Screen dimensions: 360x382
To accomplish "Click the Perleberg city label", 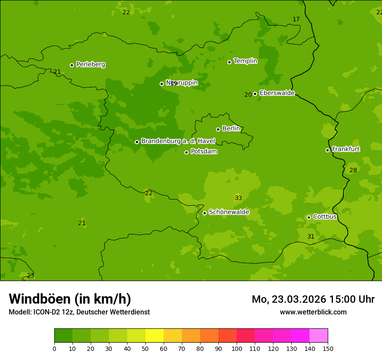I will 90,65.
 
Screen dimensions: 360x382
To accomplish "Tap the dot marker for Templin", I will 229,62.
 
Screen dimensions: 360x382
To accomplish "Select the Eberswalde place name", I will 277,93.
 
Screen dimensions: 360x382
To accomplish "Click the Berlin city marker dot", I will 218,129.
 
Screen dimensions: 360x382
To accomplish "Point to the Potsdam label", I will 204,152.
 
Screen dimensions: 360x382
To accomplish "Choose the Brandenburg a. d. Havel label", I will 178,141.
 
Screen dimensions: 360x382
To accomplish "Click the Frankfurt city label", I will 346,149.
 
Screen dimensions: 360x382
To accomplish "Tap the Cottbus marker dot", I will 309,217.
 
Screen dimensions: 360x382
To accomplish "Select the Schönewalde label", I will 229,213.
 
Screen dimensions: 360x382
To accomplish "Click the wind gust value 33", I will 238,198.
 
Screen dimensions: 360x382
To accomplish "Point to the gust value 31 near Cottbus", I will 311,237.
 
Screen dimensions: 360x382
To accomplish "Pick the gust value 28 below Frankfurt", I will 353,170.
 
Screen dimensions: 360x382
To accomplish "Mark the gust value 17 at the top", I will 296,20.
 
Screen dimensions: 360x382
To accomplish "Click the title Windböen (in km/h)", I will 70,299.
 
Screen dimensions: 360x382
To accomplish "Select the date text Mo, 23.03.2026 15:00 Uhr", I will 313,299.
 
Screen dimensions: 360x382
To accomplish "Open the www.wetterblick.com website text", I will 313,312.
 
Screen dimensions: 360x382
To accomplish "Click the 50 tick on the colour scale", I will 145,348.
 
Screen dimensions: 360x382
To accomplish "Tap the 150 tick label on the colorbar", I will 327,348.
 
